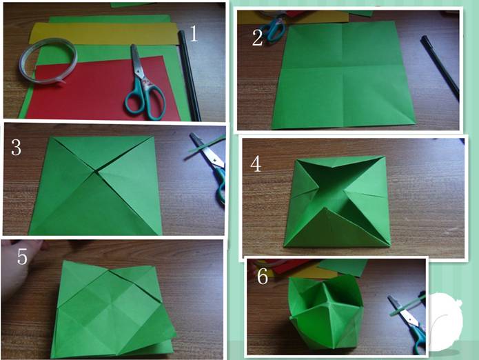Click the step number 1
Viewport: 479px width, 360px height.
tap(194, 34)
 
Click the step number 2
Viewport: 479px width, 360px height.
tap(257, 38)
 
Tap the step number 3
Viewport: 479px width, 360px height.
tap(16, 147)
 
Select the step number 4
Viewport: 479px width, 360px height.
tap(256, 164)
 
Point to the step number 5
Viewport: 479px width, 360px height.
tap(22, 257)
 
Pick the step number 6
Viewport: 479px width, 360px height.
tap(263, 277)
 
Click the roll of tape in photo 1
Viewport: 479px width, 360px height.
tap(48, 60)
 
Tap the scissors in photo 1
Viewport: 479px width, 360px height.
tap(143, 83)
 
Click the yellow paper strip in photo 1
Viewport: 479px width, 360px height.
tap(104, 32)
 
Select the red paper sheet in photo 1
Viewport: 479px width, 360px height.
tap(101, 90)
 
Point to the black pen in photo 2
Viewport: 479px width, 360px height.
tap(440, 68)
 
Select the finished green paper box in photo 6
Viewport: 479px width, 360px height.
tap(325, 312)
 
